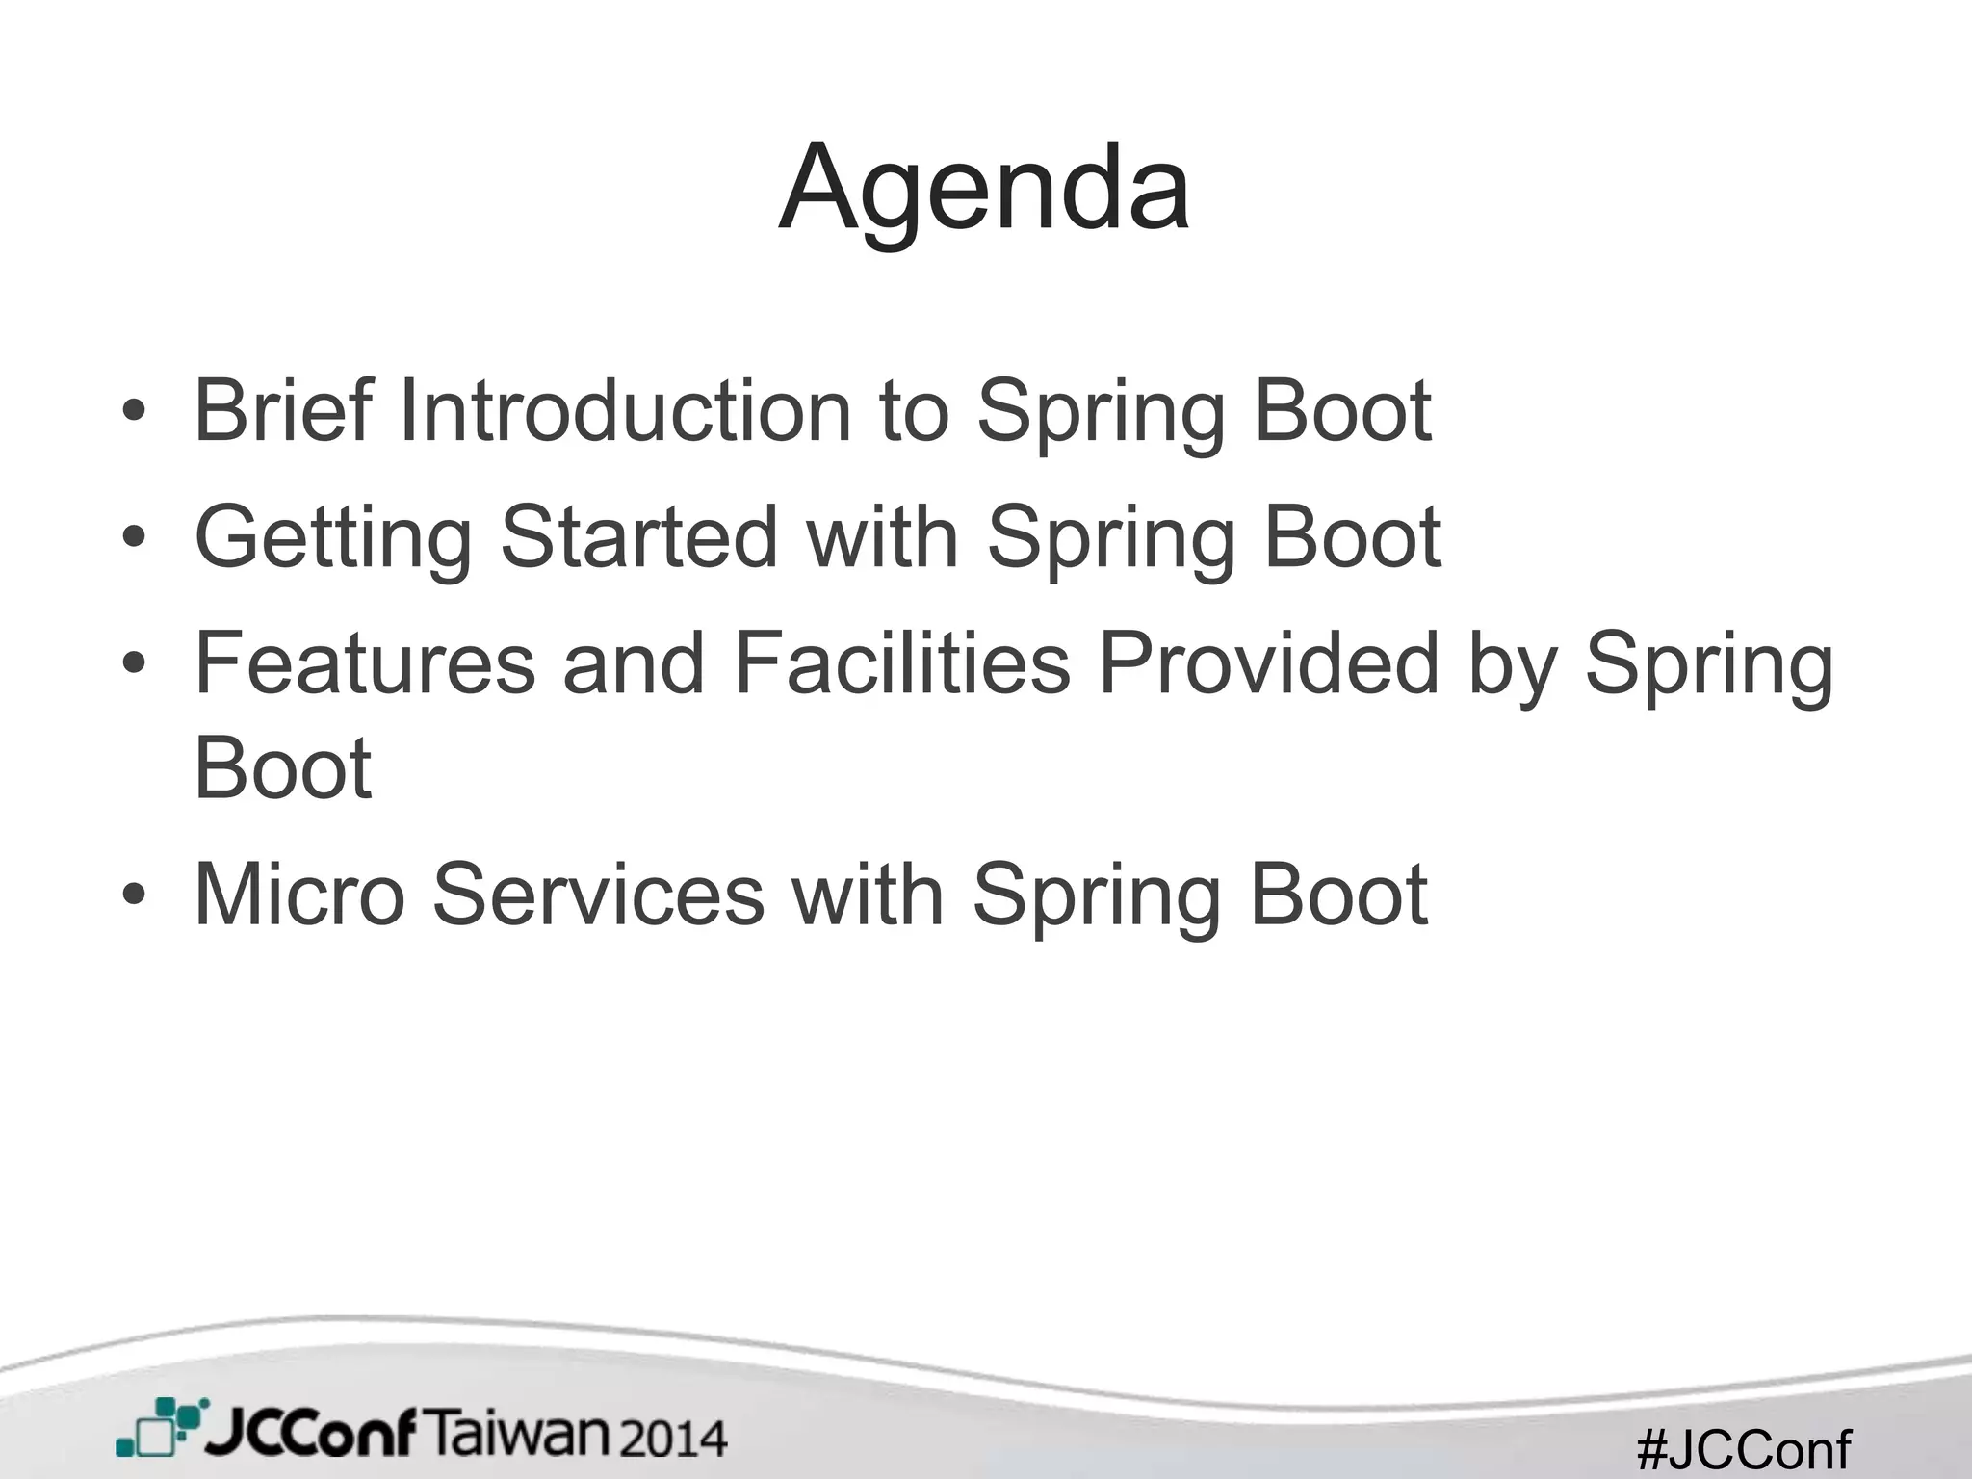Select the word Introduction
tap(625, 411)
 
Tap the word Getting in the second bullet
tap(333, 537)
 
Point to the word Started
tap(638, 537)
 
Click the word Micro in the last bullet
tap(299, 895)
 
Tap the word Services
tap(598, 895)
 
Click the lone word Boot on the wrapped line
tap(282, 768)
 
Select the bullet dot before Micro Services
tap(134, 896)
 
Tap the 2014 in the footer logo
tap(672, 1439)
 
